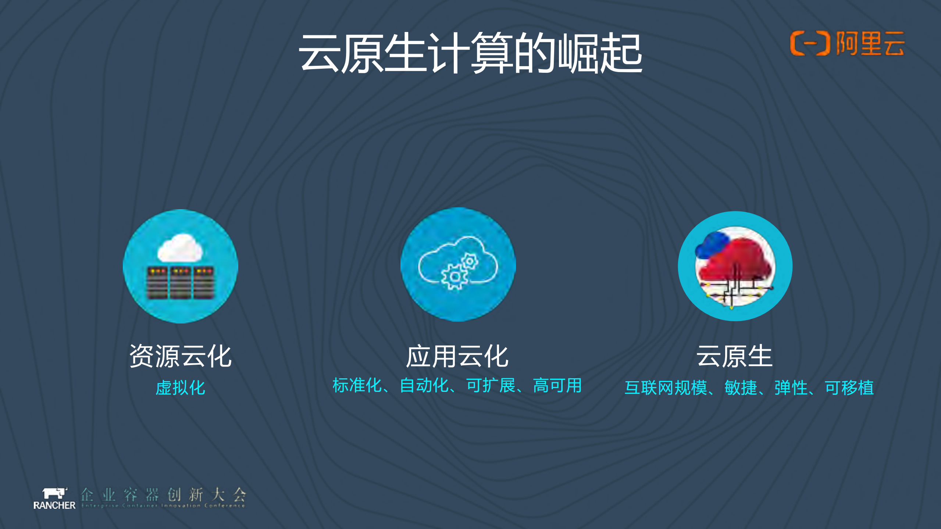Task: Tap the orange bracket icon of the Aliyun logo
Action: [810, 43]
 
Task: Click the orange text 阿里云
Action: [870, 43]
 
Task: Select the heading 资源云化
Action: [180, 356]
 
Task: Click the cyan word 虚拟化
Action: [180, 388]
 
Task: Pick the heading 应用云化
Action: [457, 356]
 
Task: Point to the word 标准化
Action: [357, 386]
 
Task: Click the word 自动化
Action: [424, 386]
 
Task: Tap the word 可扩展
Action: [491, 386]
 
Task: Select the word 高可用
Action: [557, 386]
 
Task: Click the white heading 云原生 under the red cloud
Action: [734, 356]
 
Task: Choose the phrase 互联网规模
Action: [666, 388]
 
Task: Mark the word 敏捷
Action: [741, 388]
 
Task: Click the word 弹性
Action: [791, 388]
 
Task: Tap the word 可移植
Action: [849, 388]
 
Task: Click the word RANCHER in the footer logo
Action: [54, 505]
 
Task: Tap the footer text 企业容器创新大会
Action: [163, 494]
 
